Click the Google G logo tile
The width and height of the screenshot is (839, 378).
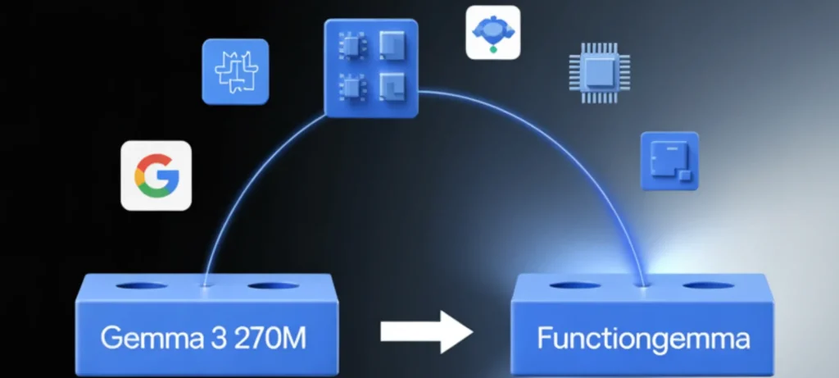point(156,175)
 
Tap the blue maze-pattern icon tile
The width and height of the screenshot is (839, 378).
point(235,71)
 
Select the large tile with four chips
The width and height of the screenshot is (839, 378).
point(371,66)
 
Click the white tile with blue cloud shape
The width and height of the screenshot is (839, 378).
point(492,32)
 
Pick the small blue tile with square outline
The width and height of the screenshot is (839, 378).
point(669,161)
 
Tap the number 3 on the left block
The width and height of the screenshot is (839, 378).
point(199,337)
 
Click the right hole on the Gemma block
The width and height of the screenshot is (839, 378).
point(274,287)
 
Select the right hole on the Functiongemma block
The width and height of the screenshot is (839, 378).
point(709,286)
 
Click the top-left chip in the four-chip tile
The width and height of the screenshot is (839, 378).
point(351,46)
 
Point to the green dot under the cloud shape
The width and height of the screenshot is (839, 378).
point(493,50)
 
